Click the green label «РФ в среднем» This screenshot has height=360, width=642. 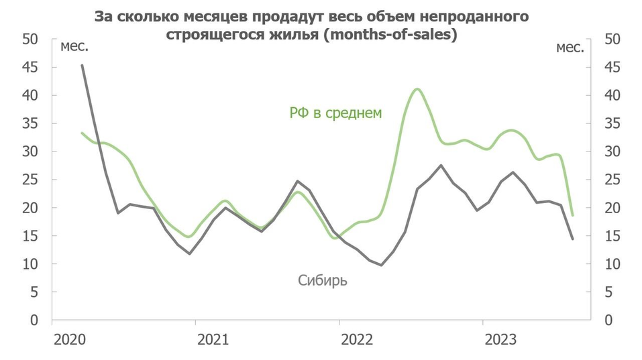[x=335, y=113]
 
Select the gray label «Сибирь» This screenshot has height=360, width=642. [x=323, y=280]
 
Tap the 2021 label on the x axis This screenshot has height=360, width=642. [x=212, y=340]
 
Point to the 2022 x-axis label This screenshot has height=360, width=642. [x=356, y=340]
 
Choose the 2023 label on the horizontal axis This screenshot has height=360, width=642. [x=500, y=340]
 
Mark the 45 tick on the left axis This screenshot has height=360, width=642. [x=30, y=68]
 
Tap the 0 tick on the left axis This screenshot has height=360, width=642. [x=34, y=320]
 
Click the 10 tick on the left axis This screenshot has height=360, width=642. [x=30, y=264]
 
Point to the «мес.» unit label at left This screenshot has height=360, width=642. [x=74, y=47]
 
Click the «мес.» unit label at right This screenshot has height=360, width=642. [x=570, y=47]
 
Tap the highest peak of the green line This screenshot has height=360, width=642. [x=417, y=88]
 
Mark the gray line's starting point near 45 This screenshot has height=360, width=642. [x=82, y=65]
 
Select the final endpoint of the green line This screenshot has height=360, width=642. [x=572, y=215]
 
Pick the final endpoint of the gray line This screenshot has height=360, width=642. [x=572, y=239]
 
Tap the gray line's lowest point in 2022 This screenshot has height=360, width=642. [x=381, y=265]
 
